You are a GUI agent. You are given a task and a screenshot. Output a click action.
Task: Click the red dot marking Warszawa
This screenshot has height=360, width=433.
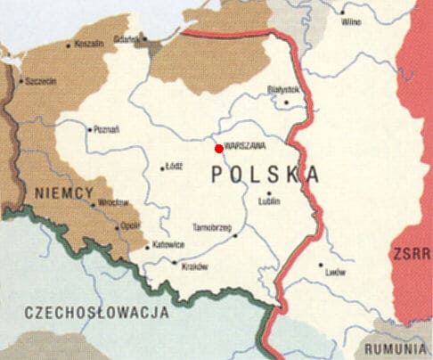pyautogui.click(x=219, y=148)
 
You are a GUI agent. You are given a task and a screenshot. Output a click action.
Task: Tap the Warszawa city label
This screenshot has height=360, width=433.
pyautogui.click(x=247, y=151)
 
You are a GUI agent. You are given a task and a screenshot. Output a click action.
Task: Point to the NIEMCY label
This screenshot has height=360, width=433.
pyautogui.click(x=61, y=192)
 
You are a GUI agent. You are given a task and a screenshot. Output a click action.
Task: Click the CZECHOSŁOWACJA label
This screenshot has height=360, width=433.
pyautogui.click(x=98, y=312)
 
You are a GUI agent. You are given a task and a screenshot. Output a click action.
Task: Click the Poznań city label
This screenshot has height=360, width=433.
pyautogui.click(x=107, y=128)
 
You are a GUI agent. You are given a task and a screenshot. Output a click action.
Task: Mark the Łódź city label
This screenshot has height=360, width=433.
pyautogui.click(x=175, y=166)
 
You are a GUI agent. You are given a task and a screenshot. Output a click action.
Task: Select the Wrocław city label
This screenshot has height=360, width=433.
pyautogui.click(x=115, y=202)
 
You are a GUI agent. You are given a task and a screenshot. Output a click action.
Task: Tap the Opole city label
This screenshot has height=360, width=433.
pyautogui.click(x=130, y=225)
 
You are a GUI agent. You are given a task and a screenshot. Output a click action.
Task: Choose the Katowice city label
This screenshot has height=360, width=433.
pyautogui.click(x=167, y=245)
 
